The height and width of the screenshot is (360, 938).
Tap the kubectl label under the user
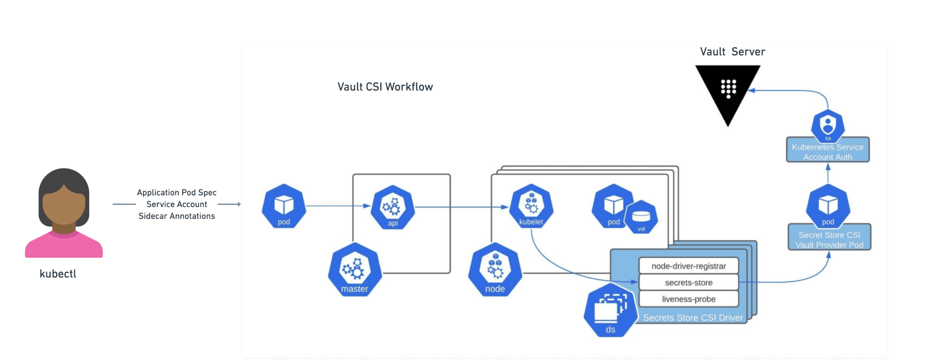pyautogui.click(x=58, y=274)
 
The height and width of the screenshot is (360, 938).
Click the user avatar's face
pyautogui.click(x=64, y=205)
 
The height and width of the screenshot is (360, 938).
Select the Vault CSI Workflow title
pyautogui.click(x=385, y=87)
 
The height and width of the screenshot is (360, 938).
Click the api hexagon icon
pyautogui.click(x=393, y=208)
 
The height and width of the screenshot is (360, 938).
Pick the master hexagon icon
pyautogui.click(x=355, y=270)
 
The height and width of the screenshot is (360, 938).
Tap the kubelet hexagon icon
pyautogui.click(x=531, y=206)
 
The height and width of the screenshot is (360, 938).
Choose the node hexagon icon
pyautogui.click(x=495, y=270)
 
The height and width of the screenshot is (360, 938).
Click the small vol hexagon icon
pyautogui.click(x=641, y=217)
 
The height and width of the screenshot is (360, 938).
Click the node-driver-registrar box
pyautogui.click(x=688, y=266)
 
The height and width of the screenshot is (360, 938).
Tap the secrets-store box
pyautogui.click(x=688, y=282)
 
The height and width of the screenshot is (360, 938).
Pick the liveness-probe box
pyautogui.click(x=688, y=299)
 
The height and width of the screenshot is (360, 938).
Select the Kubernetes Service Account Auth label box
pyautogui.click(x=828, y=152)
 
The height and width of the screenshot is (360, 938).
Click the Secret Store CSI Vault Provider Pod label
pyautogui.click(x=829, y=240)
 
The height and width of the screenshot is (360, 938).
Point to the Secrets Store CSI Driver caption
pyautogui.click(x=693, y=318)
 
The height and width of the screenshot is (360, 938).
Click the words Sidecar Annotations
pyautogui.click(x=177, y=216)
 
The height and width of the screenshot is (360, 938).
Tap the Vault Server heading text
pyautogui.click(x=732, y=52)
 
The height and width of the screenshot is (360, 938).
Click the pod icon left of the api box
pyautogui.click(x=284, y=206)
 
